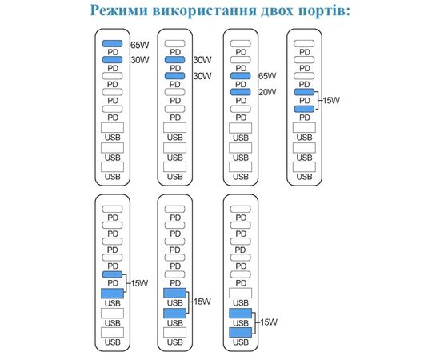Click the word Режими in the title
[118, 10]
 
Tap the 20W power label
[267, 92]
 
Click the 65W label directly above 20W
[267, 76]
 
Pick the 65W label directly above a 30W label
[140, 45]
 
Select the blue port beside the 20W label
[241, 92]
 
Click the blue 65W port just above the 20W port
[241, 76]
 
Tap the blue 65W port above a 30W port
[112, 43]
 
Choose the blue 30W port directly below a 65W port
[112, 59]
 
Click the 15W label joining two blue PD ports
[331, 101]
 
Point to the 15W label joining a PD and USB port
[139, 283]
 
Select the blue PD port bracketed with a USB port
[112, 274]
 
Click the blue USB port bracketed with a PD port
[112, 294]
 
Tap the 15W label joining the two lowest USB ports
[269, 322]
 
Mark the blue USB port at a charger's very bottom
[241, 333]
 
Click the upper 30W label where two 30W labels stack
[202, 60]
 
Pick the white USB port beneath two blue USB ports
[175, 333]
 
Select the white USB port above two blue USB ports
[241, 294]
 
